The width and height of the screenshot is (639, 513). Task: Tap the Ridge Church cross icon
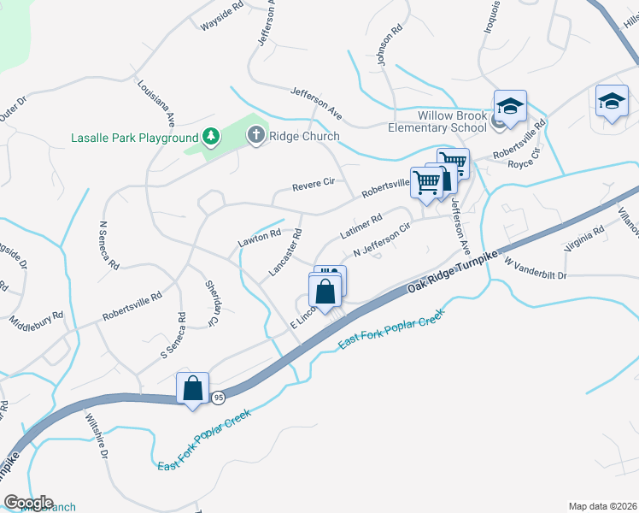click(255, 135)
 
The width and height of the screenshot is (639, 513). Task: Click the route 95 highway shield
click(220, 397)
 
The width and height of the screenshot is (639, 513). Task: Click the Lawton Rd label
click(259, 237)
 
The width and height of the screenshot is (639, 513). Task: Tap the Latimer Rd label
click(360, 227)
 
